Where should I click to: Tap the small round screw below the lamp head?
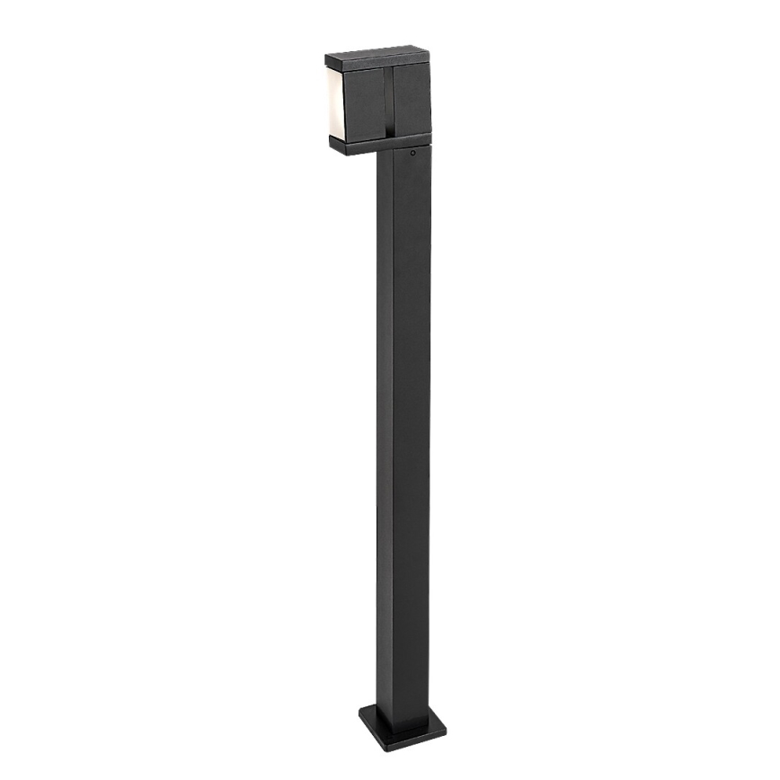click(x=412, y=153)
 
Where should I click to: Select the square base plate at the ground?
click(x=402, y=723)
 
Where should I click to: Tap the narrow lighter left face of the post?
click(x=383, y=431)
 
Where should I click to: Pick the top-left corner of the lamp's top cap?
click(x=326, y=57)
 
